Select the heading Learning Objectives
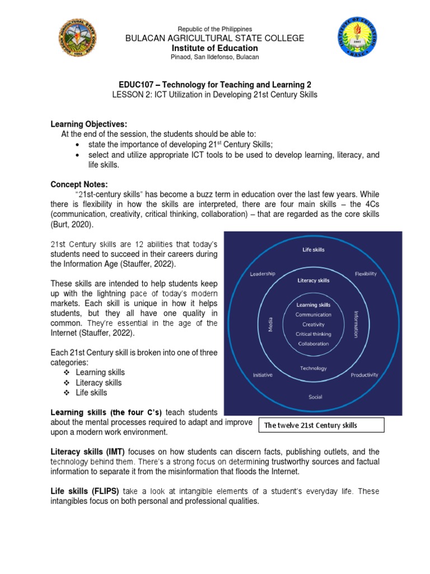tap(89, 123)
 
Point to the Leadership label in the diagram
tap(263, 274)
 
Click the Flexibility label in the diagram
tap(366, 274)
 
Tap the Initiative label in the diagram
tap(263, 374)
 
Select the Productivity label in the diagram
tap(364, 374)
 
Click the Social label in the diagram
tap(315, 397)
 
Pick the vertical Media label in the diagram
tap(271, 325)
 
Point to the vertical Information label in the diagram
tap(356, 325)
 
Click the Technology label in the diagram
tap(313, 368)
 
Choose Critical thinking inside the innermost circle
tap(314, 334)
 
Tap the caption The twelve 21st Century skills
tap(310, 425)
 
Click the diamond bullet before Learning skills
tap(66, 373)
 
